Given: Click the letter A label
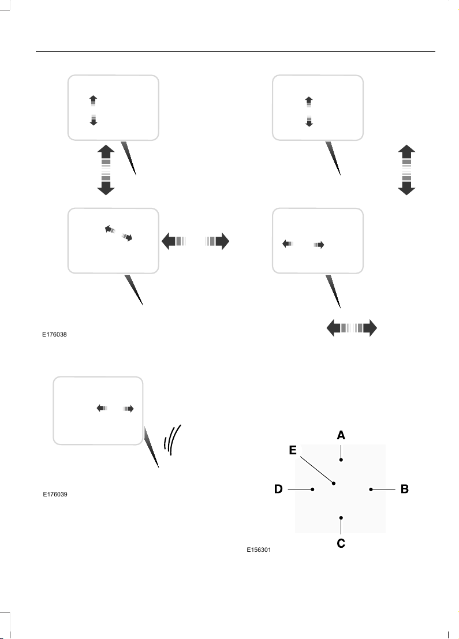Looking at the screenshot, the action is (x=341, y=435).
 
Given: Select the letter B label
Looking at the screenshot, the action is (x=404, y=489).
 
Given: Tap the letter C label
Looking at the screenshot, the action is (x=341, y=543).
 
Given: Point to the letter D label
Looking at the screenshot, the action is (x=278, y=489).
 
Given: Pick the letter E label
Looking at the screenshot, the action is (x=293, y=450).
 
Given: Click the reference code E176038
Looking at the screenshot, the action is (x=55, y=335).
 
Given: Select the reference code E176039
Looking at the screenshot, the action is (x=55, y=494).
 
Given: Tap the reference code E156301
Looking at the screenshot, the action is (x=259, y=550).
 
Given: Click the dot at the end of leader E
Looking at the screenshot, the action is (x=334, y=483).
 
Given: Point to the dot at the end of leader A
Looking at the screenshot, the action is (x=341, y=459).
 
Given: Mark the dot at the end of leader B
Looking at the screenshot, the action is (x=371, y=489).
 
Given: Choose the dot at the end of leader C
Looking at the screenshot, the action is (x=341, y=518).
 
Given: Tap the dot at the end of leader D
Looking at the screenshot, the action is (x=313, y=489).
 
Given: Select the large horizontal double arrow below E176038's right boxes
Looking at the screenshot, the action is (x=352, y=328).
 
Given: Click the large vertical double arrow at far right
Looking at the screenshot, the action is (x=406, y=170).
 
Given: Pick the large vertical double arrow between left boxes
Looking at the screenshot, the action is (x=106, y=170).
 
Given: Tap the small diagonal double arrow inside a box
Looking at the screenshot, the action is (x=118, y=233).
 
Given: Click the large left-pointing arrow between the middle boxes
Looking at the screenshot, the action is (x=174, y=241).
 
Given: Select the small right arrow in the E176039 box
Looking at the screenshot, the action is (x=129, y=409).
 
